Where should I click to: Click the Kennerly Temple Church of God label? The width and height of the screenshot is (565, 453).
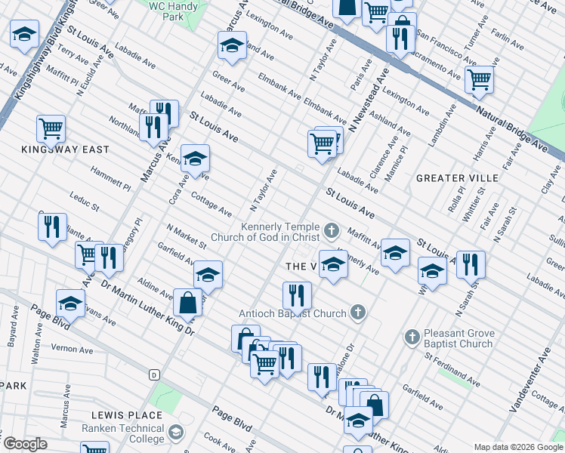[280, 232]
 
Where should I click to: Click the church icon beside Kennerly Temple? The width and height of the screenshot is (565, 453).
[331, 229]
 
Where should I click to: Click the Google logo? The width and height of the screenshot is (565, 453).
[25, 444]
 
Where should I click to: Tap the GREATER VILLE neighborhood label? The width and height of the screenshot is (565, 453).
[457, 178]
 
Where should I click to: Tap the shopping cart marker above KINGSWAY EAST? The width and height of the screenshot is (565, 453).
[51, 128]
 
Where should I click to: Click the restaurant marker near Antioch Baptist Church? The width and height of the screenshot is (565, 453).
[297, 295]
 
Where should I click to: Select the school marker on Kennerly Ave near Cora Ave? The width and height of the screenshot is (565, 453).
[195, 159]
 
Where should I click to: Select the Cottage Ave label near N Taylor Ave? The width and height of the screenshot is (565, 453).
[211, 205]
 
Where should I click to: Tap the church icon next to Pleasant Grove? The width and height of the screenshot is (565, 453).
[412, 335]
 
